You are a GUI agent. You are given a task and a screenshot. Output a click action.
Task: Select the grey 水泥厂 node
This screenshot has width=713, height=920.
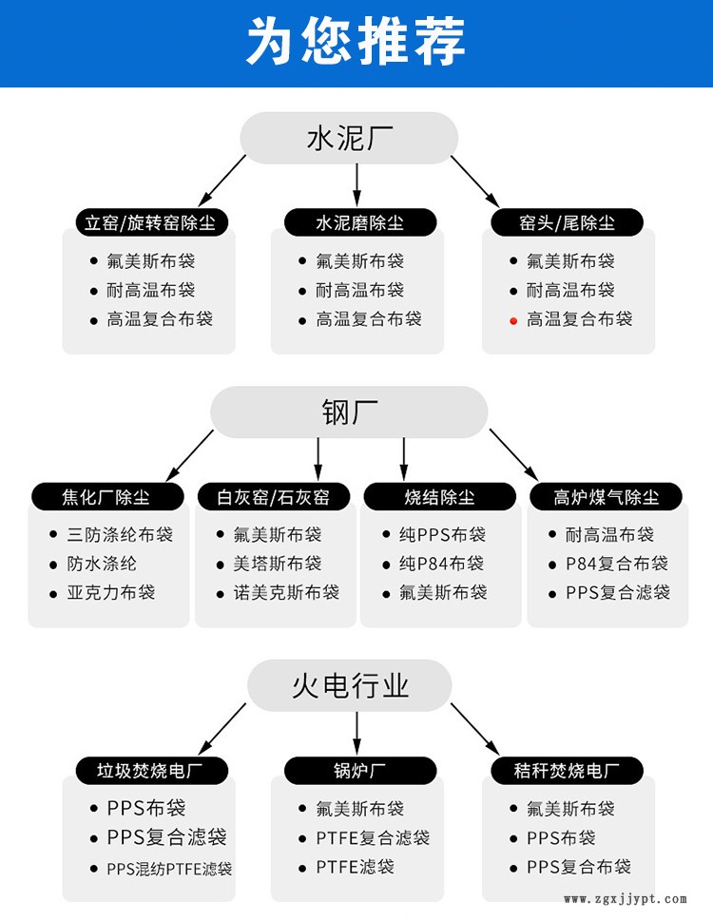click(350, 138)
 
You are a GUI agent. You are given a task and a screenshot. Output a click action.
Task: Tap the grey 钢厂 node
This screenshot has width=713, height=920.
click(349, 412)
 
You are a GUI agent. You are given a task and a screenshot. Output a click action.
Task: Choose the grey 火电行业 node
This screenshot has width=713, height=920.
click(350, 685)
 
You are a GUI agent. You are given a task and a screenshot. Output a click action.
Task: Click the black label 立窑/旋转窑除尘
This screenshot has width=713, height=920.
click(150, 222)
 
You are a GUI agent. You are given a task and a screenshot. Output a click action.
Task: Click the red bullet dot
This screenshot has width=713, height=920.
click(513, 320)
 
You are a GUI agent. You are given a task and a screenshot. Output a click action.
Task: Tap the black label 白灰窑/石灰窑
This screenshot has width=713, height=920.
click(273, 496)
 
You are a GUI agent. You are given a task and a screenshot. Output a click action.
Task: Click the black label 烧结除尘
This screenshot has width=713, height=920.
click(439, 496)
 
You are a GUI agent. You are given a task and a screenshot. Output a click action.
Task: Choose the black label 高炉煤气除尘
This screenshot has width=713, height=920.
click(607, 496)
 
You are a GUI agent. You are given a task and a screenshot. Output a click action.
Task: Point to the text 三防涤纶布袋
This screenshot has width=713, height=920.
click(120, 534)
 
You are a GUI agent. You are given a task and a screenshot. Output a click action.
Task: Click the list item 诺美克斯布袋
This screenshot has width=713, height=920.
click(286, 592)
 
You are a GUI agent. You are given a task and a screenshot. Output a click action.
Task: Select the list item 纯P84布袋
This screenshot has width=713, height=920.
click(442, 564)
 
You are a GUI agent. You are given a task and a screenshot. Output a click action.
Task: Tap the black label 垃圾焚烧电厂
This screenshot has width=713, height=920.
click(150, 770)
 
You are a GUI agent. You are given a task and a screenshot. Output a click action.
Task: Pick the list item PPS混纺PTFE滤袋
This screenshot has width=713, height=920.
click(169, 868)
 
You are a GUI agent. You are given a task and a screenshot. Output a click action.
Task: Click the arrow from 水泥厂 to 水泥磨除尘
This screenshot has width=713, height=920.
click(357, 181)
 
